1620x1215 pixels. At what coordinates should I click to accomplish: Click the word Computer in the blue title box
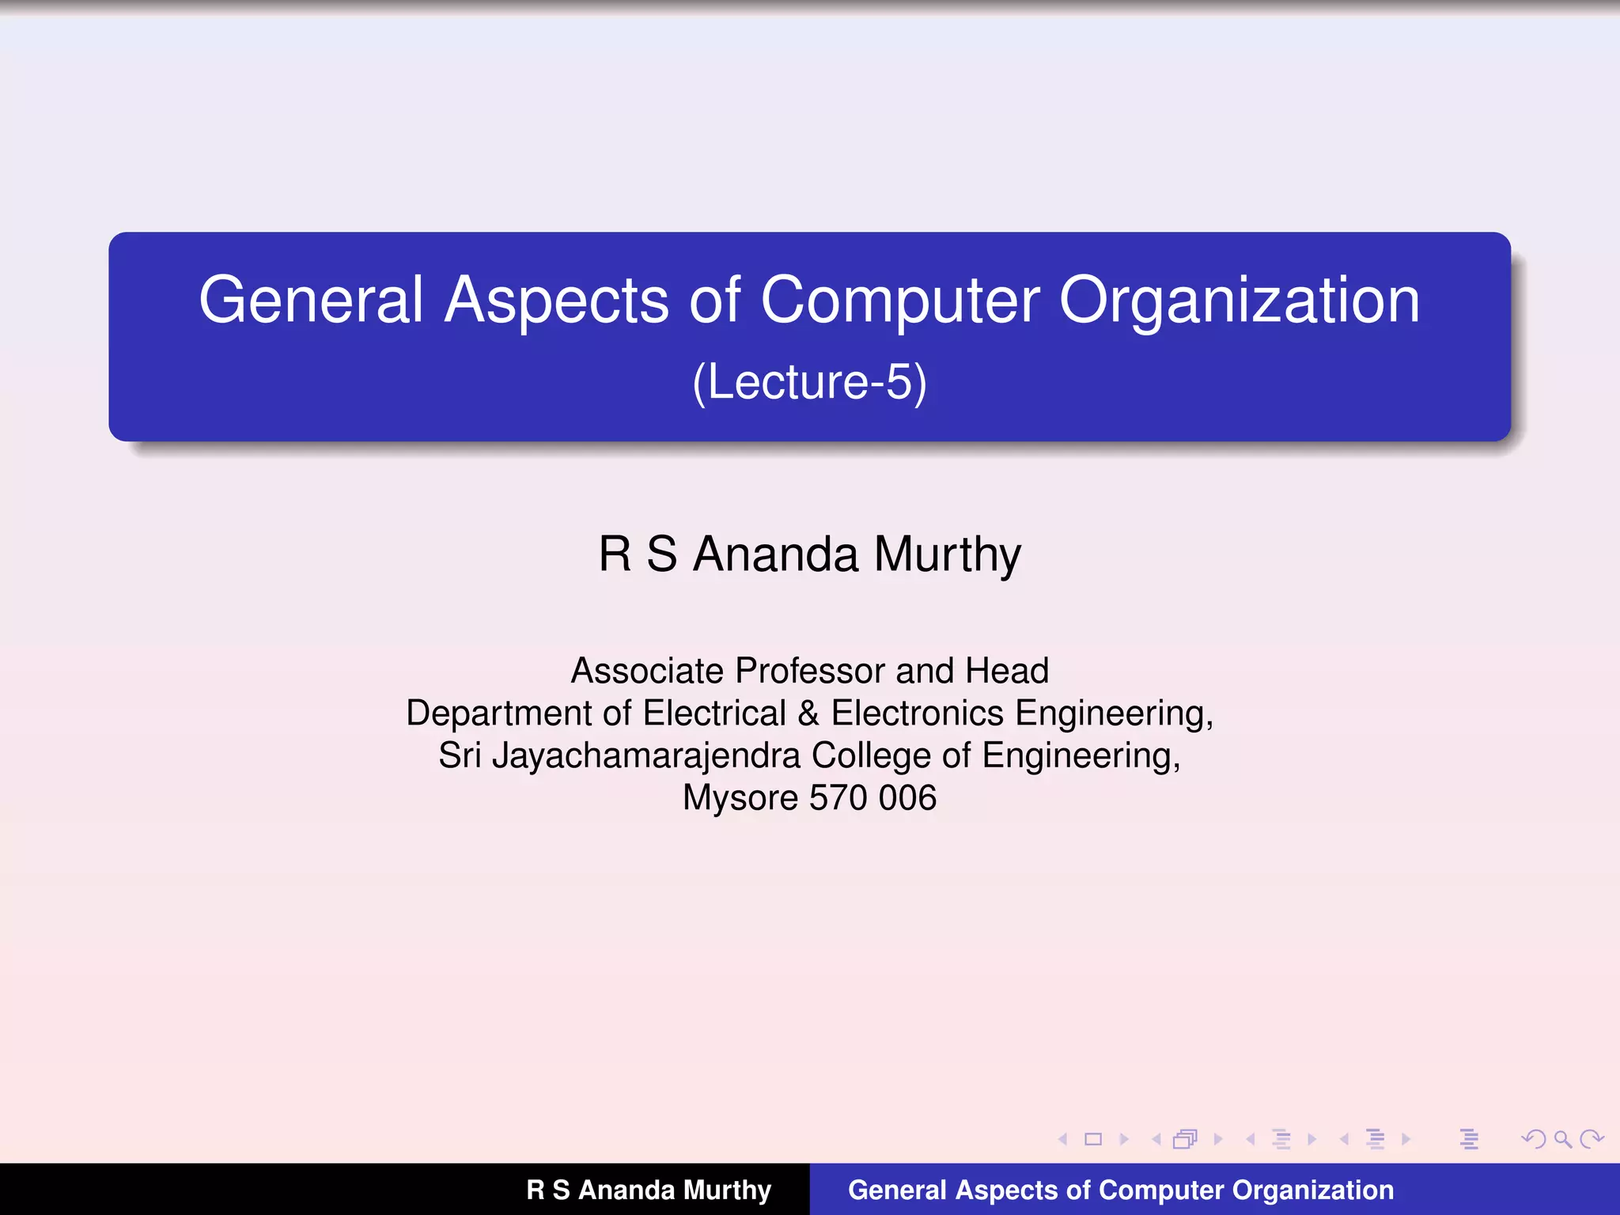(x=900, y=301)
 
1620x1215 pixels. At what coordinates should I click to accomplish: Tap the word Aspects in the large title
(x=556, y=301)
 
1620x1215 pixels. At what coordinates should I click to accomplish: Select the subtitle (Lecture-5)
(x=809, y=382)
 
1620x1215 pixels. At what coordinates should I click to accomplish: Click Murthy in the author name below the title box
(x=948, y=555)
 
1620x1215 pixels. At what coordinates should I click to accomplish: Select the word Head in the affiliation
(x=1007, y=672)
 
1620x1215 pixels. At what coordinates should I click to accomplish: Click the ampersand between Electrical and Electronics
(x=808, y=713)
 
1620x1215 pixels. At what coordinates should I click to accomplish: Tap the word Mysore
(x=740, y=798)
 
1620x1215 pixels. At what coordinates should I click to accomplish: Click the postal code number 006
(x=907, y=798)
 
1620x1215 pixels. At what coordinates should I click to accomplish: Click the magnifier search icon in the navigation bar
(x=1562, y=1139)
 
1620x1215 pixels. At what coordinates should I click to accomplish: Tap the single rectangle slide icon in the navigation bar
(x=1093, y=1139)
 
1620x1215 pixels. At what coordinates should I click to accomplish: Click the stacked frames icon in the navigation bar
(x=1185, y=1139)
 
